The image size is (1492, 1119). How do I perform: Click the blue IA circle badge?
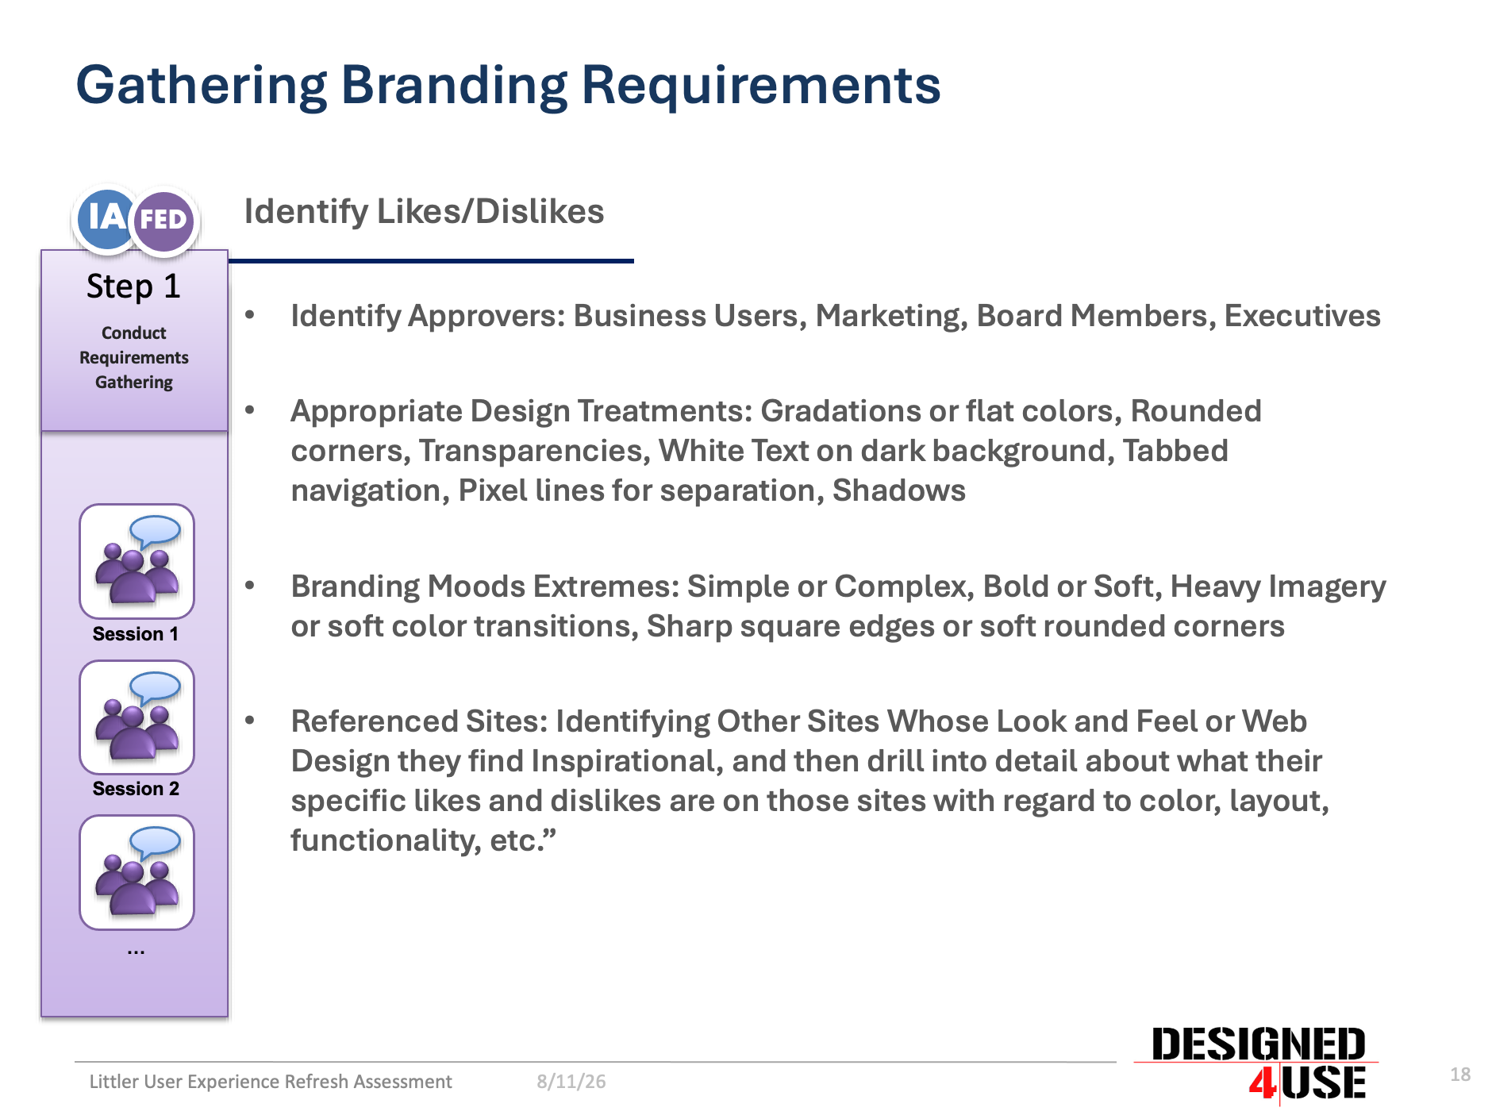(106, 218)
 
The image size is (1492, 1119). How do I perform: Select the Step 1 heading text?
(133, 286)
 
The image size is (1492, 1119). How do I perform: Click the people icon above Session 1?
(137, 561)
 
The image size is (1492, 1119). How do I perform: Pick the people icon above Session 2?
(137, 717)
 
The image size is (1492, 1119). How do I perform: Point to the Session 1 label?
(136, 634)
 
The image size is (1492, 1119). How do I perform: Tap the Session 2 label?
(136, 789)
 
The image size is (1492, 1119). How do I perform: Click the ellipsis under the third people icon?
(136, 951)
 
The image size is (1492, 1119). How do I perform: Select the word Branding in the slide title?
(454, 86)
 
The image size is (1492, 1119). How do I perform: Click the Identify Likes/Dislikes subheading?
(424, 212)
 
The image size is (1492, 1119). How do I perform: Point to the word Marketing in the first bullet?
(891, 317)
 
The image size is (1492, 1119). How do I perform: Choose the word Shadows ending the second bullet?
(898, 490)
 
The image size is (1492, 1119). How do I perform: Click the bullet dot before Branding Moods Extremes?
(250, 586)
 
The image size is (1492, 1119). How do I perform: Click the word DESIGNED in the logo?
(1258, 1044)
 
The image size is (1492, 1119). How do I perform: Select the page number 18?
(1460, 1075)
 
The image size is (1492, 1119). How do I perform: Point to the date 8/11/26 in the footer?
(571, 1082)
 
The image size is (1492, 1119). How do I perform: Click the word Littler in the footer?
(113, 1082)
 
